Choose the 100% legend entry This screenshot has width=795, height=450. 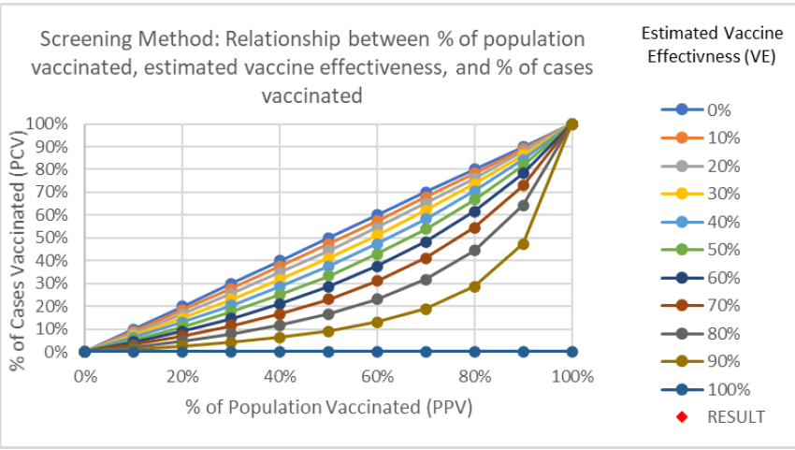(709, 389)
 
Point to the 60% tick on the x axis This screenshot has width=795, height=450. (377, 377)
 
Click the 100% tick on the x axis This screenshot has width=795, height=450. (571, 377)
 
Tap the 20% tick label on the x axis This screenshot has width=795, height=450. (182, 377)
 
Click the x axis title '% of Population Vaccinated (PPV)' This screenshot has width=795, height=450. (328, 408)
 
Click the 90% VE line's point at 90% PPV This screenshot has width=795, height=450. (524, 244)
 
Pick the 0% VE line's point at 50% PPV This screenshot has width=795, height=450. (328, 239)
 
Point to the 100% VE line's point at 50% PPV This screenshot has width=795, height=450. (328, 352)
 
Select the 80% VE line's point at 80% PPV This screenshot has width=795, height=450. (475, 251)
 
